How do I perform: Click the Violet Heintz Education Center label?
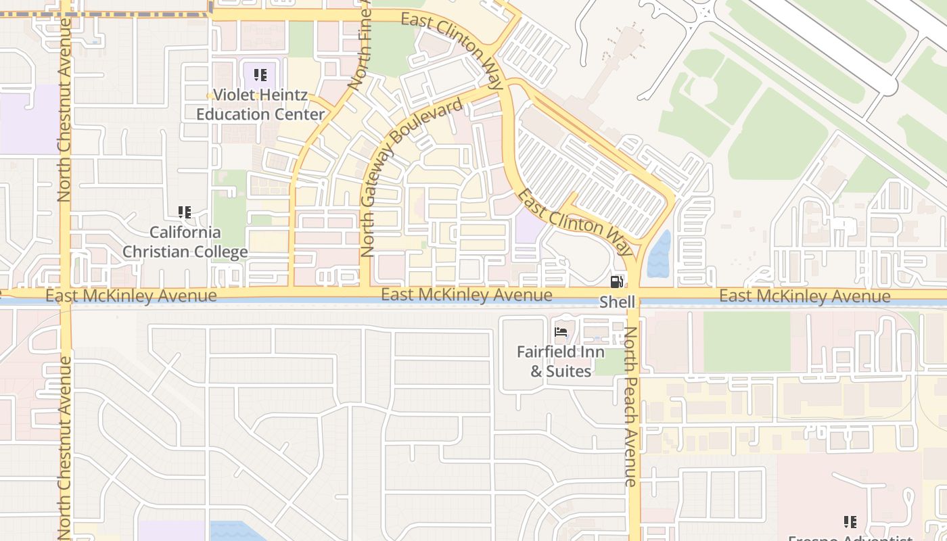[x=260, y=104]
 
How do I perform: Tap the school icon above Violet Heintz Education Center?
[x=260, y=74]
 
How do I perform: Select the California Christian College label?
[x=185, y=242]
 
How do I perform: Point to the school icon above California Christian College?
[x=185, y=212]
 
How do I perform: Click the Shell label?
[x=617, y=302]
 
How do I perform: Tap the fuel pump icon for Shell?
[x=616, y=281]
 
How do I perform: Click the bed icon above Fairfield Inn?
[x=560, y=332]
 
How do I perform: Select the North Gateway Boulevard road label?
[x=412, y=177]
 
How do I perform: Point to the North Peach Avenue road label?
[x=630, y=406]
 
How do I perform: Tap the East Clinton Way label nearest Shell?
[x=576, y=222]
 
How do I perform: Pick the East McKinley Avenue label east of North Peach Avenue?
[x=804, y=296]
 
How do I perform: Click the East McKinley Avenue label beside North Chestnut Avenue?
[x=131, y=296]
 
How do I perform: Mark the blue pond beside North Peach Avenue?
[x=659, y=255]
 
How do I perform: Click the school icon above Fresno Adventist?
[x=850, y=521]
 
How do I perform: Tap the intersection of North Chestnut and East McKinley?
[x=65, y=295]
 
